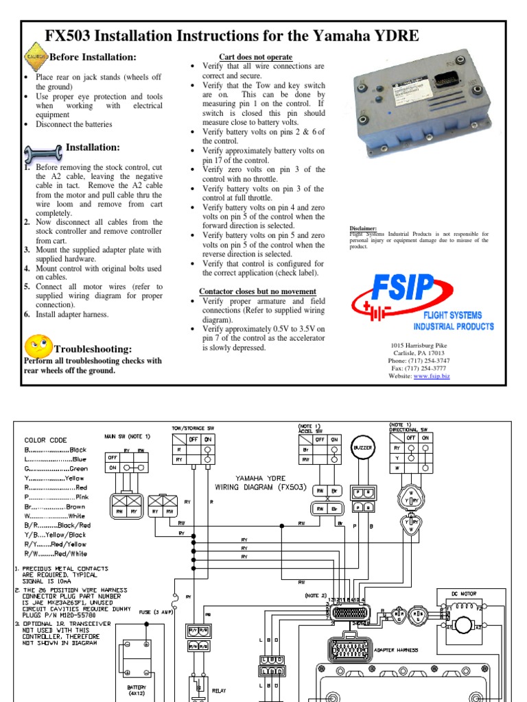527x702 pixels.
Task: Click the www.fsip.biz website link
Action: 432,376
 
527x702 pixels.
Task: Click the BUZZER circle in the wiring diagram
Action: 363,448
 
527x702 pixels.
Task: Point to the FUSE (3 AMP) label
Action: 154,611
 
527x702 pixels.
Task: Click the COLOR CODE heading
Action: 45,440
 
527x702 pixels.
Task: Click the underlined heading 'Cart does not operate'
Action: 255,57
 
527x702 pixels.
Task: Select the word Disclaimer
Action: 364,228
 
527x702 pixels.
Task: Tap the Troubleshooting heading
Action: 93,349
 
